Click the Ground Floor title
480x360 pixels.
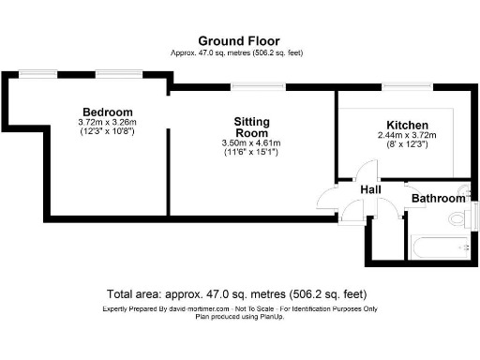236,40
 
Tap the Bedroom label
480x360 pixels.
107,112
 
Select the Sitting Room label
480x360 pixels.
251,127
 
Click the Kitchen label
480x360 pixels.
407,125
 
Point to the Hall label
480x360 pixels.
371,190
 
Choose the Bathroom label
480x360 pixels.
439,199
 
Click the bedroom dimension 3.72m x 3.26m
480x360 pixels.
107,122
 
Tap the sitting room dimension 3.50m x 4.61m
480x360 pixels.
251,143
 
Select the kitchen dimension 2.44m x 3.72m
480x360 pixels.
407,135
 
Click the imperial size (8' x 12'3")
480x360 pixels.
407,144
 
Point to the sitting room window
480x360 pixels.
247,86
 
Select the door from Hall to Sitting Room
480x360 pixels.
328,197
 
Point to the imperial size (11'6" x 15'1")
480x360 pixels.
251,153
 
